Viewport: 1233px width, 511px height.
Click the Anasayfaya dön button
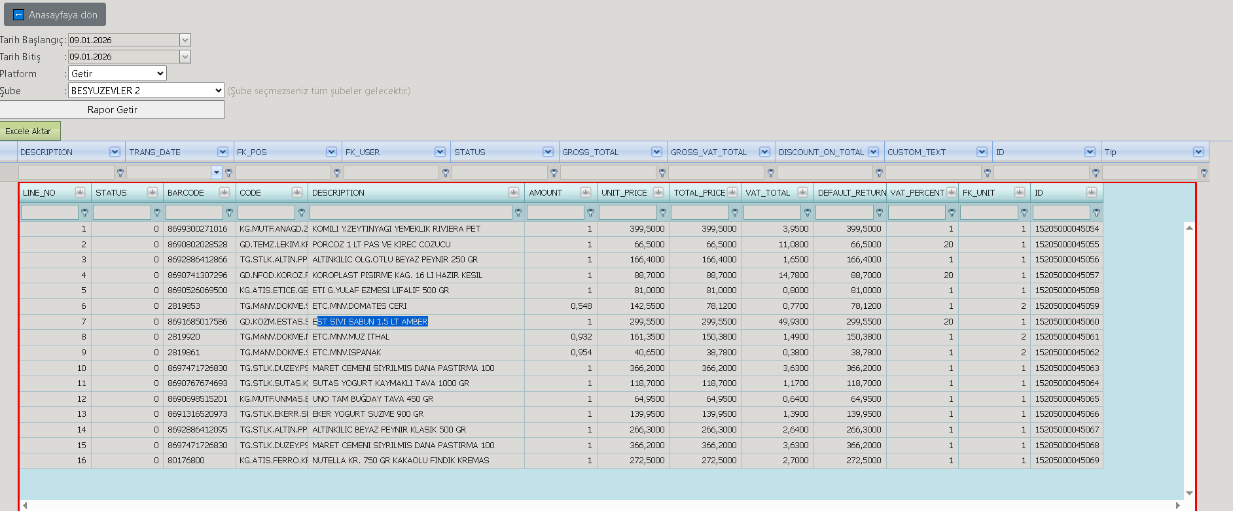pyautogui.click(x=55, y=14)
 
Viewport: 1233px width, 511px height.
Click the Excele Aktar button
pyautogui.click(x=30, y=131)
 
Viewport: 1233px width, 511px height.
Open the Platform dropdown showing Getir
pyautogui.click(x=117, y=73)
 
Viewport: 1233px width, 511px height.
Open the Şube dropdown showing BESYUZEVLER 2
pyautogui.click(x=147, y=90)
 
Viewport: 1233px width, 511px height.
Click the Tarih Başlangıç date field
pyautogui.click(x=124, y=40)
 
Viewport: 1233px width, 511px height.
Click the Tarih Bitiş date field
pyautogui.click(x=124, y=57)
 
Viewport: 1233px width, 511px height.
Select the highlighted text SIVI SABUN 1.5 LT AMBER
pyautogui.click(x=372, y=321)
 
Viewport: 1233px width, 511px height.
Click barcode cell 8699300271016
pyautogui.click(x=198, y=229)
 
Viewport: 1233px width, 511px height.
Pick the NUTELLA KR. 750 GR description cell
pyautogui.click(x=401, y=461)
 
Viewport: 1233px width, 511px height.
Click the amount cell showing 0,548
pyautogui.click(x=581, y=306)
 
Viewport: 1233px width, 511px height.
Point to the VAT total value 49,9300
pyautogui.click(x=795, y=322)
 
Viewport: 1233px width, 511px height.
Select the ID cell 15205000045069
pyautogui.click(x=1067, y=461)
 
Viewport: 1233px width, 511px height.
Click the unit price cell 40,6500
pyautogui.click(x=649, y=353)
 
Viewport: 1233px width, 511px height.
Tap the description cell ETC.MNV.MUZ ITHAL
pyautogui.click(x=351, y=337)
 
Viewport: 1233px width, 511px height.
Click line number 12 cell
pyautogui.click(x=81, y=399)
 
